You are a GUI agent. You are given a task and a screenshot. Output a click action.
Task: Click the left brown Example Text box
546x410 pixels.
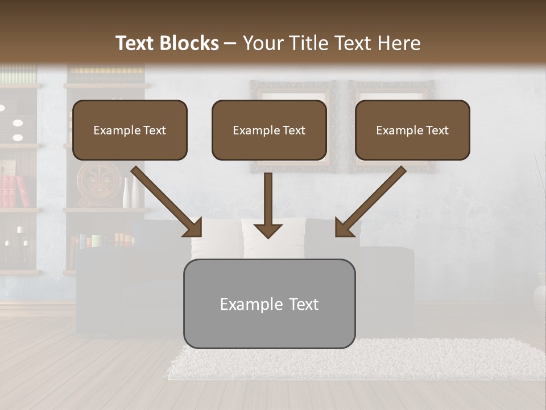(130, 130)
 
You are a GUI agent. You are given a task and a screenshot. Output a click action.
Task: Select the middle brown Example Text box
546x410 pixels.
(269, 130)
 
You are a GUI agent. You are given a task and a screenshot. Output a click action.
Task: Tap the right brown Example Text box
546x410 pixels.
(412, 130)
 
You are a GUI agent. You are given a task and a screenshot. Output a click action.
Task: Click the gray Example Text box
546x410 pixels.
(269, 304)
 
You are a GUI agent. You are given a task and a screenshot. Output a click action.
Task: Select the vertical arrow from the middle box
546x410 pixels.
(268, 205)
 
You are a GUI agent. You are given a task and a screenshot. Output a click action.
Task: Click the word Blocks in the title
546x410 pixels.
(190, 43)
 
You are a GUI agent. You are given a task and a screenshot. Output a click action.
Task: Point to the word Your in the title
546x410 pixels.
(264, 43)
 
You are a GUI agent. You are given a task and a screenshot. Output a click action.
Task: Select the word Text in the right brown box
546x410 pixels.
(437, 130)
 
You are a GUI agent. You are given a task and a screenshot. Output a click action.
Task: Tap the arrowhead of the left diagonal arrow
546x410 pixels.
(193, 227)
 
